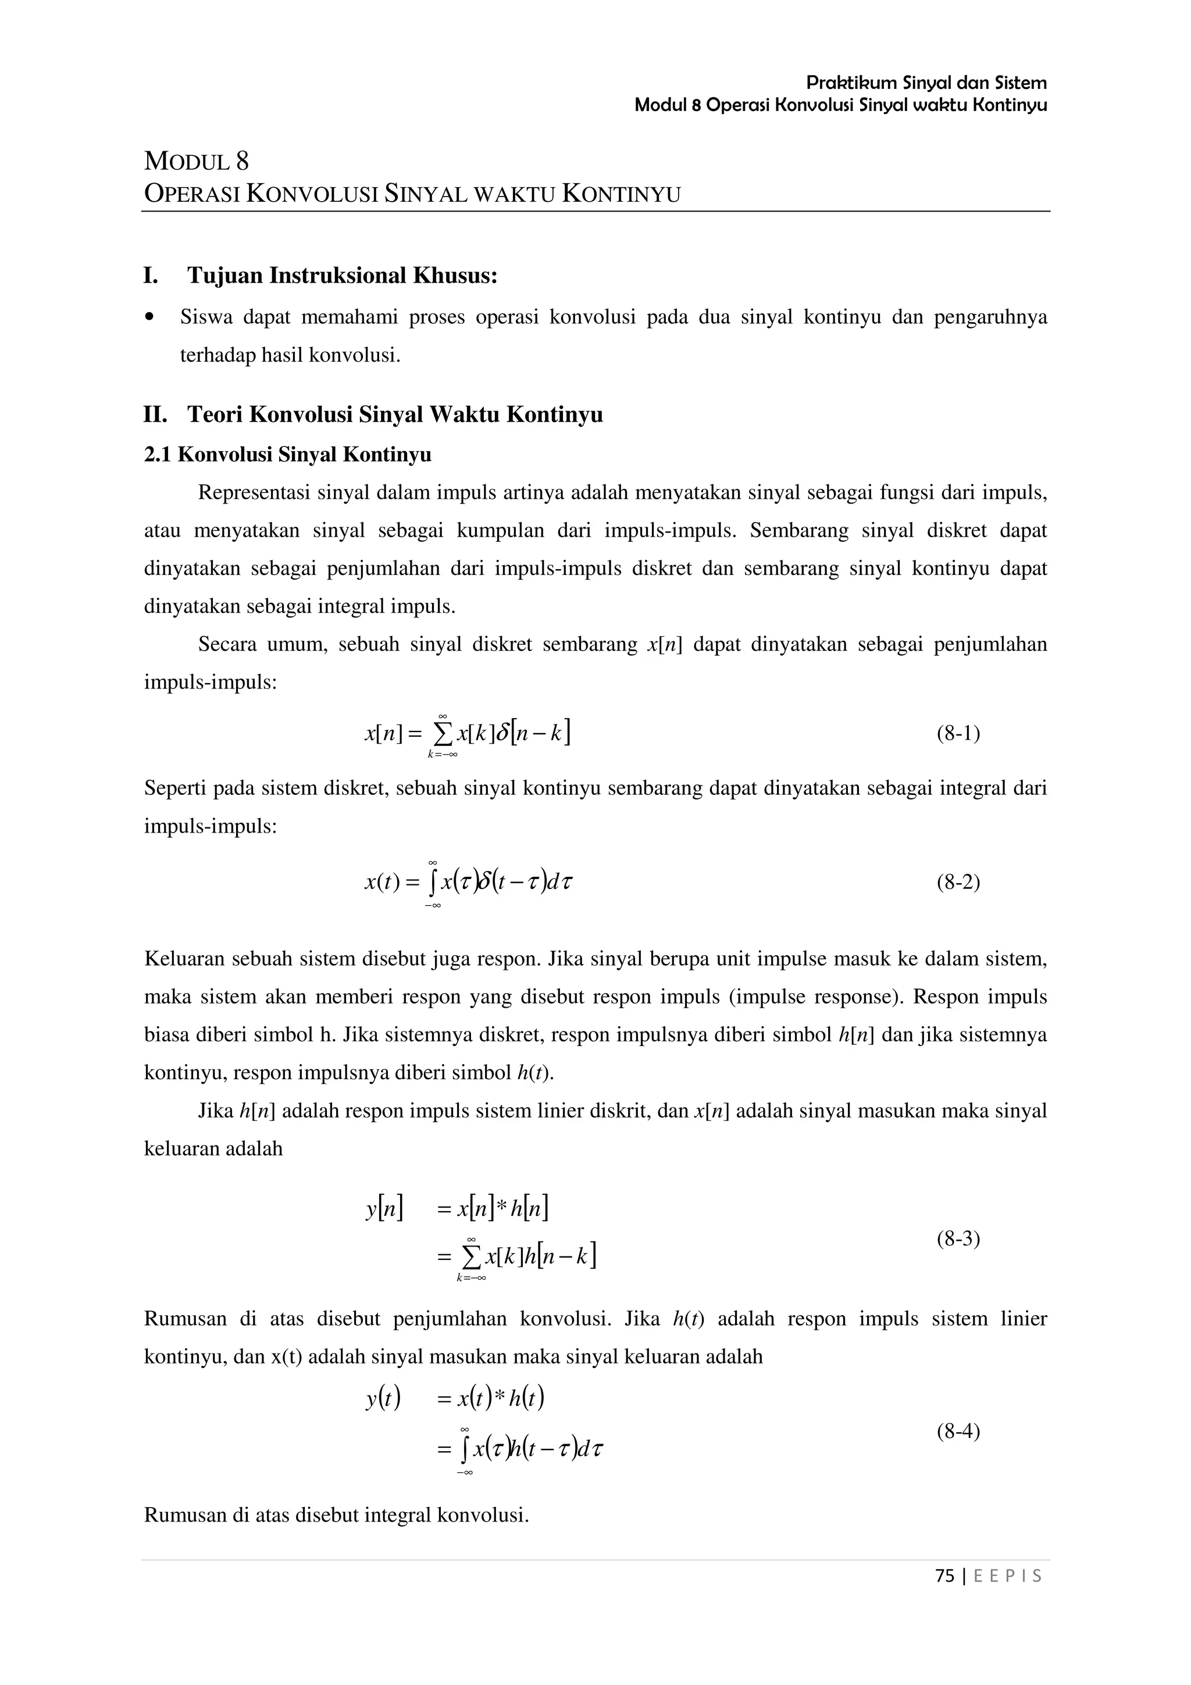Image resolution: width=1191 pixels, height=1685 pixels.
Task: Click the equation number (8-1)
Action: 958,733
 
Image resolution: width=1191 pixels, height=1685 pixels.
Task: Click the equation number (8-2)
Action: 958,881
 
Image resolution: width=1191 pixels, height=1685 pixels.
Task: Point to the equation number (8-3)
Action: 958,1239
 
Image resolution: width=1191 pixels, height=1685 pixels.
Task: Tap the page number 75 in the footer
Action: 945,1576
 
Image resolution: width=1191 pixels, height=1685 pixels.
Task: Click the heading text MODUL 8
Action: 196,160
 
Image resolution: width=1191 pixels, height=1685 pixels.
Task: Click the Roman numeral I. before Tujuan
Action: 151,276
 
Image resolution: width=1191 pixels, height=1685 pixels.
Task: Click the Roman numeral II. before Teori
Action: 155,415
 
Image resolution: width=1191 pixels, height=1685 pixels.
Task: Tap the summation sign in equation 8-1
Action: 443,733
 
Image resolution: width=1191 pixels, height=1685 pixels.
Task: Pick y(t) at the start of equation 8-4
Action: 383,1400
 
